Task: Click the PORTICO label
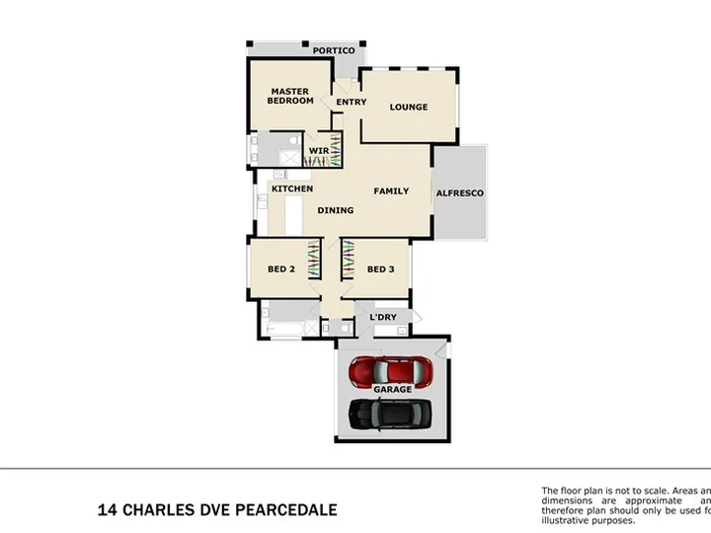click(334, 50)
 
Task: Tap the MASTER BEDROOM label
click(291, 96)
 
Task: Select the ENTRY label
click(351, 102)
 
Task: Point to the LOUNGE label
click(408, 107)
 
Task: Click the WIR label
click(318, 151)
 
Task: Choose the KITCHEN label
click(292, 189)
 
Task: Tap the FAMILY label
click(391, 190)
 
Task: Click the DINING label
click(336, 209)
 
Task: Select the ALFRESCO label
click(460, 193)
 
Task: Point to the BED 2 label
click(280, 268)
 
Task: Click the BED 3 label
click(380, 268)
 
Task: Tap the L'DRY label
click(383, 317)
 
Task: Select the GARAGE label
click(392, 390)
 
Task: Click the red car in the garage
click(392, 371)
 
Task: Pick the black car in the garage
click(391, 412)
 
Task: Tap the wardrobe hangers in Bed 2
click(314, 263)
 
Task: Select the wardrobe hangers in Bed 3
click(348, 263)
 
